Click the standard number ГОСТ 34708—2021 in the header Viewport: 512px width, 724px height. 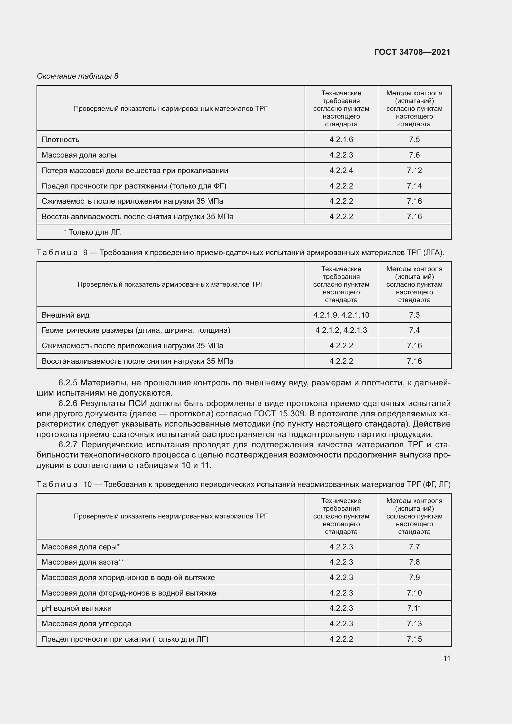[412, 52]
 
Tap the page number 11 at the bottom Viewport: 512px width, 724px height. [446, 658]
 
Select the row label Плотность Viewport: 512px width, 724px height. [61, 139]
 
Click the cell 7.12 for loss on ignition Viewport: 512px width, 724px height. [414, 170]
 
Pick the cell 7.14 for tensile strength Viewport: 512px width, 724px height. [414, 186]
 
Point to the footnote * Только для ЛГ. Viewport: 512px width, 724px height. [92, 232]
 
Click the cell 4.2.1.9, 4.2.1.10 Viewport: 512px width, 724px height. [341, 315]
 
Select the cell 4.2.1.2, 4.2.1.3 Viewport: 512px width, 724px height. [341, 330]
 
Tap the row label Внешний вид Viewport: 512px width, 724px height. [66, 315]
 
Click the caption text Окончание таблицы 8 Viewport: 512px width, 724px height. [78, 76]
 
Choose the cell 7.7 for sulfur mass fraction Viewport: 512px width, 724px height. [414, 547]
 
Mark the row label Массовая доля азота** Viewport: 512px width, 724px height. [83, 562]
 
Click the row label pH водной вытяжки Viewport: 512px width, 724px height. [76, 608]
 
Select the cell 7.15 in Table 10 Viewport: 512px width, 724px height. [414, 639]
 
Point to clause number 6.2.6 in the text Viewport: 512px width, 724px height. [68, 403]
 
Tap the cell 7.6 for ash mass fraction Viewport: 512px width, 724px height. [414, 155]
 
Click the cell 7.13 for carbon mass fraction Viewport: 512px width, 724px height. [414, 623]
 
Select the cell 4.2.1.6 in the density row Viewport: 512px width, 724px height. [341, 139]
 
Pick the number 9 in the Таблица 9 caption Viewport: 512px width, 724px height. [85, 253]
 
